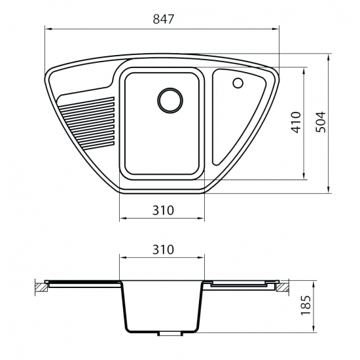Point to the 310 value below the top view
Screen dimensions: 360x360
[162, 210]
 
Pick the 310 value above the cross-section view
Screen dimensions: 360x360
[162, 249]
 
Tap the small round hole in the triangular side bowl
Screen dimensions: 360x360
[238, 83]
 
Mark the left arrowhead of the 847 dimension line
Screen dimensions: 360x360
[47, 28]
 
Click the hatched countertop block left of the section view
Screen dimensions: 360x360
[42, 286]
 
